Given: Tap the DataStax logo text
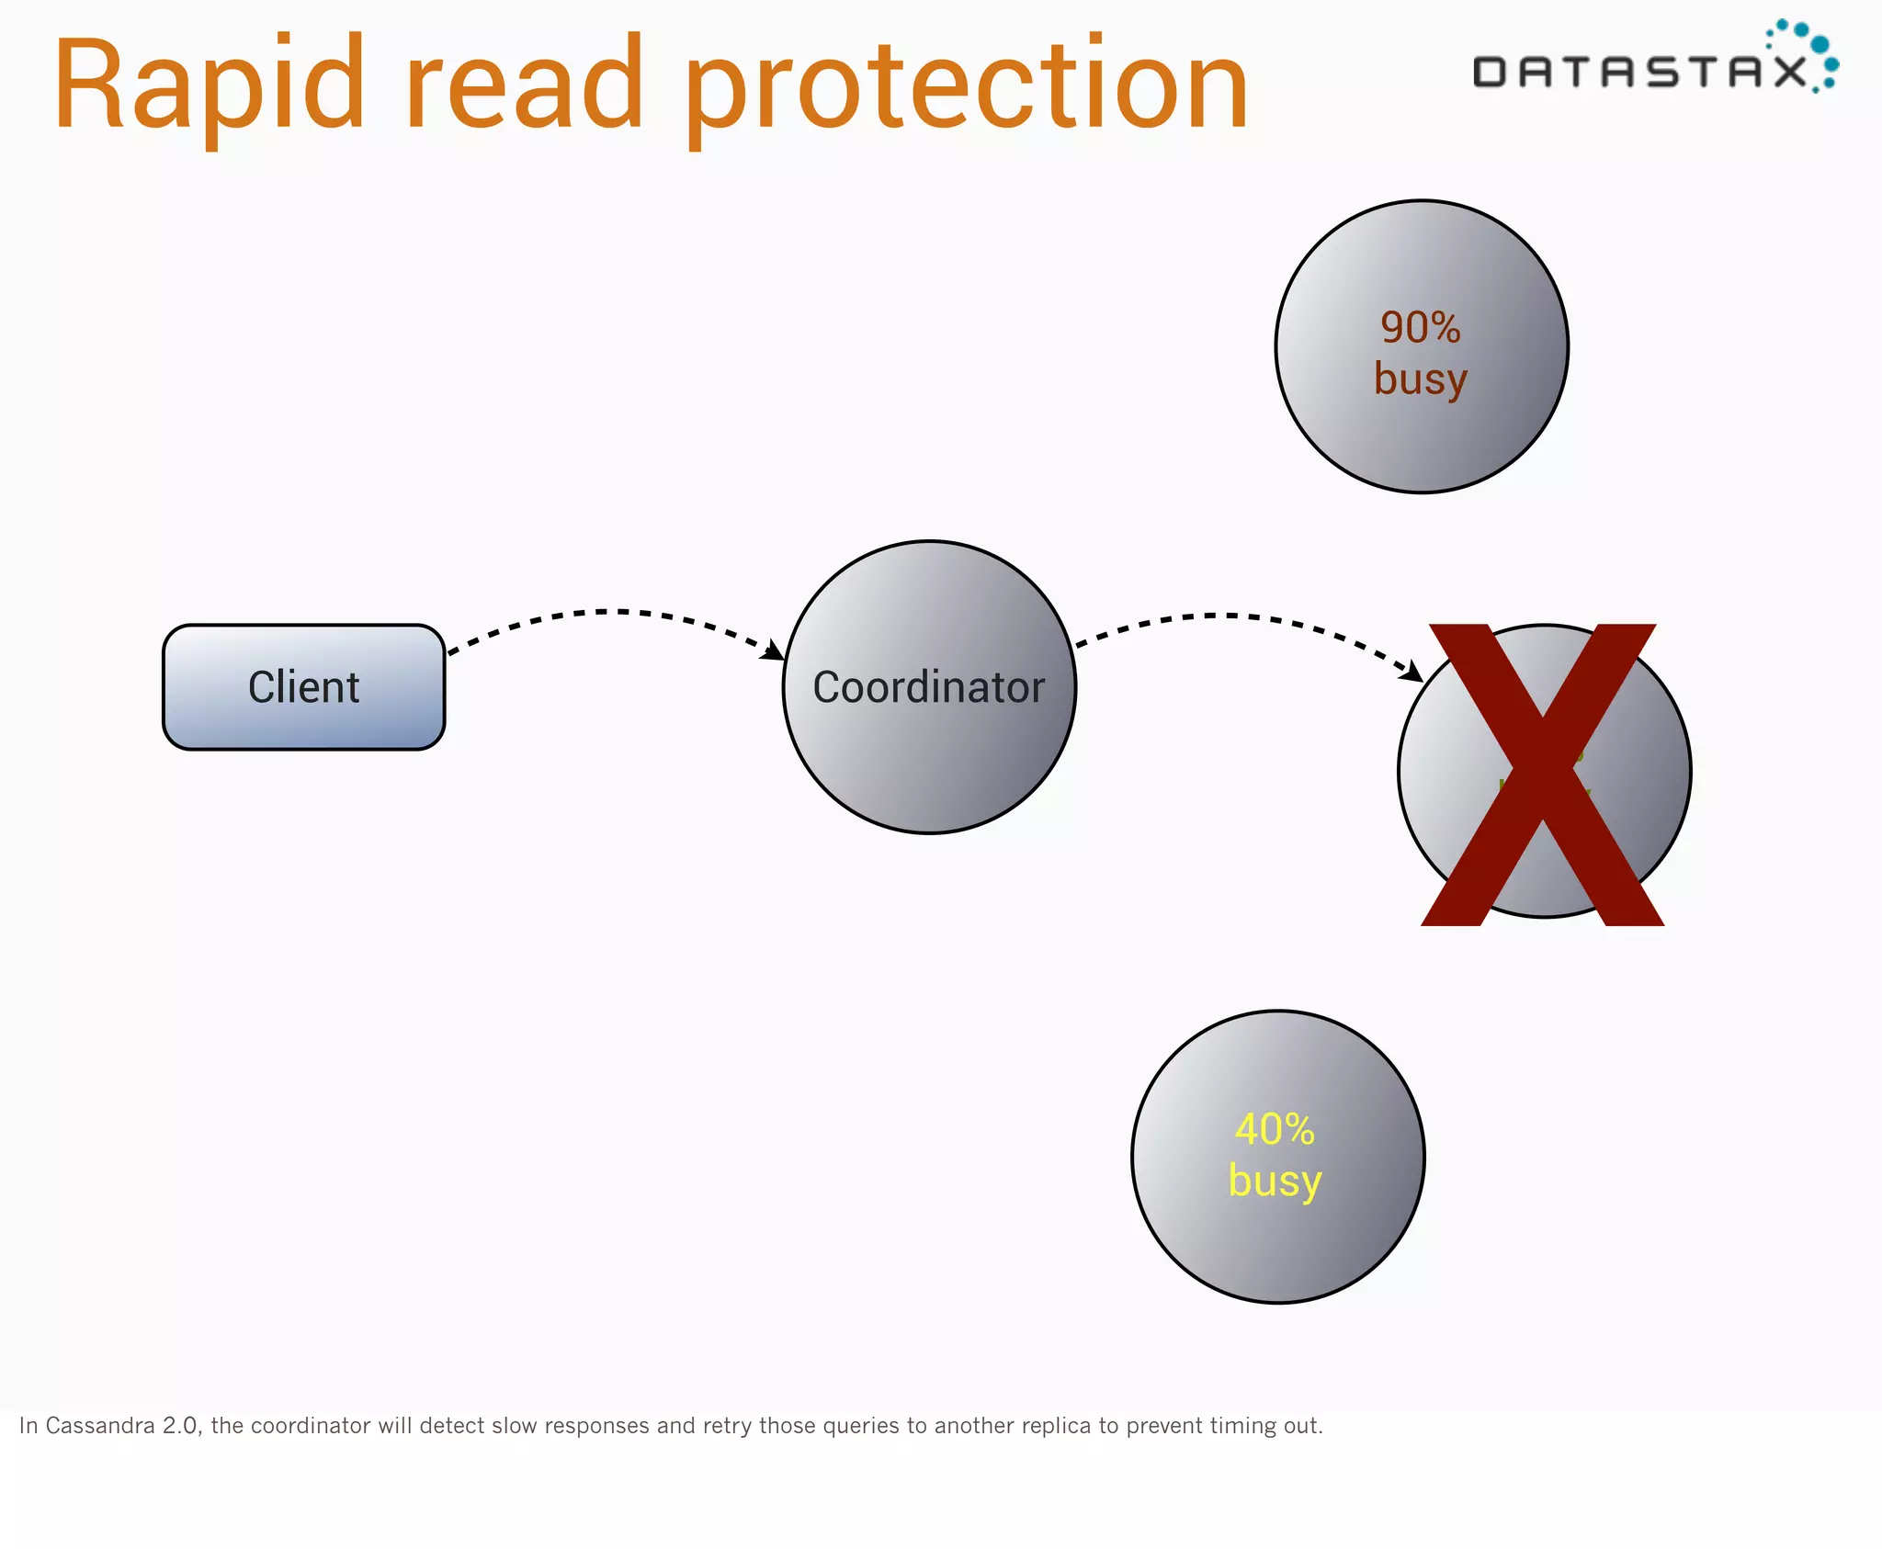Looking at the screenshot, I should (1640, 72).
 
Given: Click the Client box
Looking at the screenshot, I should (304, 687).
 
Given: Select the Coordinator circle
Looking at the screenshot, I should (929, 687).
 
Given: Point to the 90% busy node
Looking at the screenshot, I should (1422, 346).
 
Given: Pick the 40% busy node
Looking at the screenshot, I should (1278, 1157).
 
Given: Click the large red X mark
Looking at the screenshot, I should (1543, 774).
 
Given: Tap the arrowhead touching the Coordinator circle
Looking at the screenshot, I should (774, 650).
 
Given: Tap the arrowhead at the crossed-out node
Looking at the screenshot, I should (1411, 672).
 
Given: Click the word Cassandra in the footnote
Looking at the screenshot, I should (100, 1426).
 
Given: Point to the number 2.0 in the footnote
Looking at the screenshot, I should (180, 1426).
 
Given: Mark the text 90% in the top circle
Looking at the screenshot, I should (1421, 328).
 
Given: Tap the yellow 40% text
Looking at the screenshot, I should (1275, 1129).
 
